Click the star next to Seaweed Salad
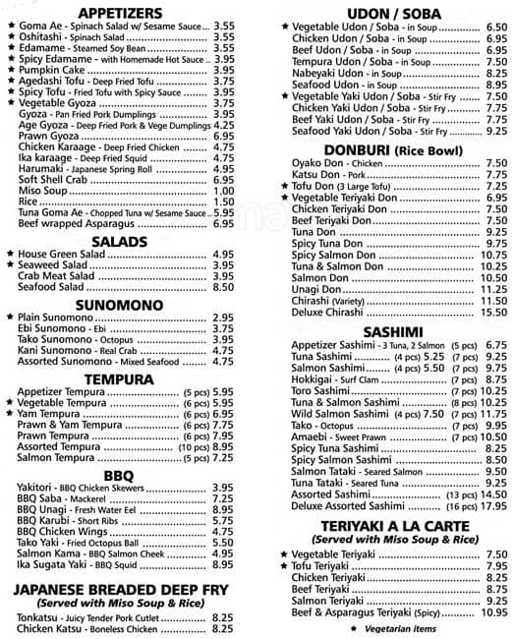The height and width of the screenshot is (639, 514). coord(10,265)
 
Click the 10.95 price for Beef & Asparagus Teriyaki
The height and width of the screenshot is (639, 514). coord(493,612)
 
